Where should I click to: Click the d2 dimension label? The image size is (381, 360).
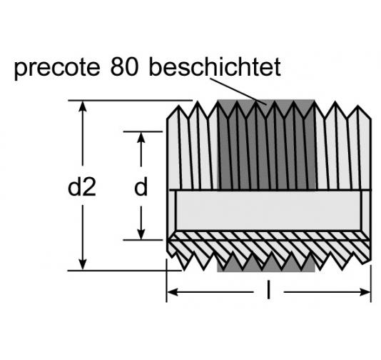[x=82, y=187]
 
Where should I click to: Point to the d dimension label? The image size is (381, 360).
[x=141, y=187]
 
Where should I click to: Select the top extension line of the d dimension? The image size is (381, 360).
[x=146, y=131]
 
